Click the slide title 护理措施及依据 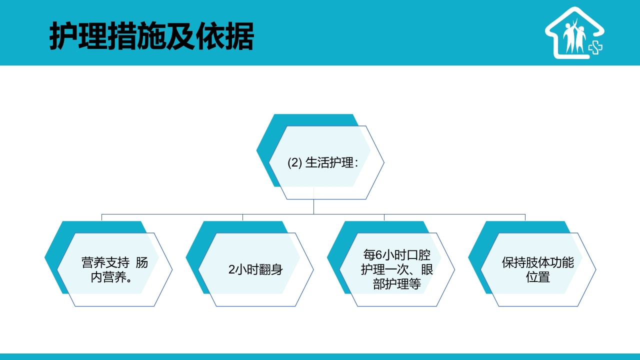point(151,35)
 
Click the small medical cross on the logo point(595,47)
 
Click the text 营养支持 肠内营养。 point(114,269)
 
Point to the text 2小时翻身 point(255,269)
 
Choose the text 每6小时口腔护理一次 point(397,262)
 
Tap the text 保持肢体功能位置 point(538,269)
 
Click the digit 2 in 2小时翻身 point(231,269)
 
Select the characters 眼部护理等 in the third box point(397,283)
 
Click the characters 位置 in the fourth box point(538,276)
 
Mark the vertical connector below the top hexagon point(313,206)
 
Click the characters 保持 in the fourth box point(514,262)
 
